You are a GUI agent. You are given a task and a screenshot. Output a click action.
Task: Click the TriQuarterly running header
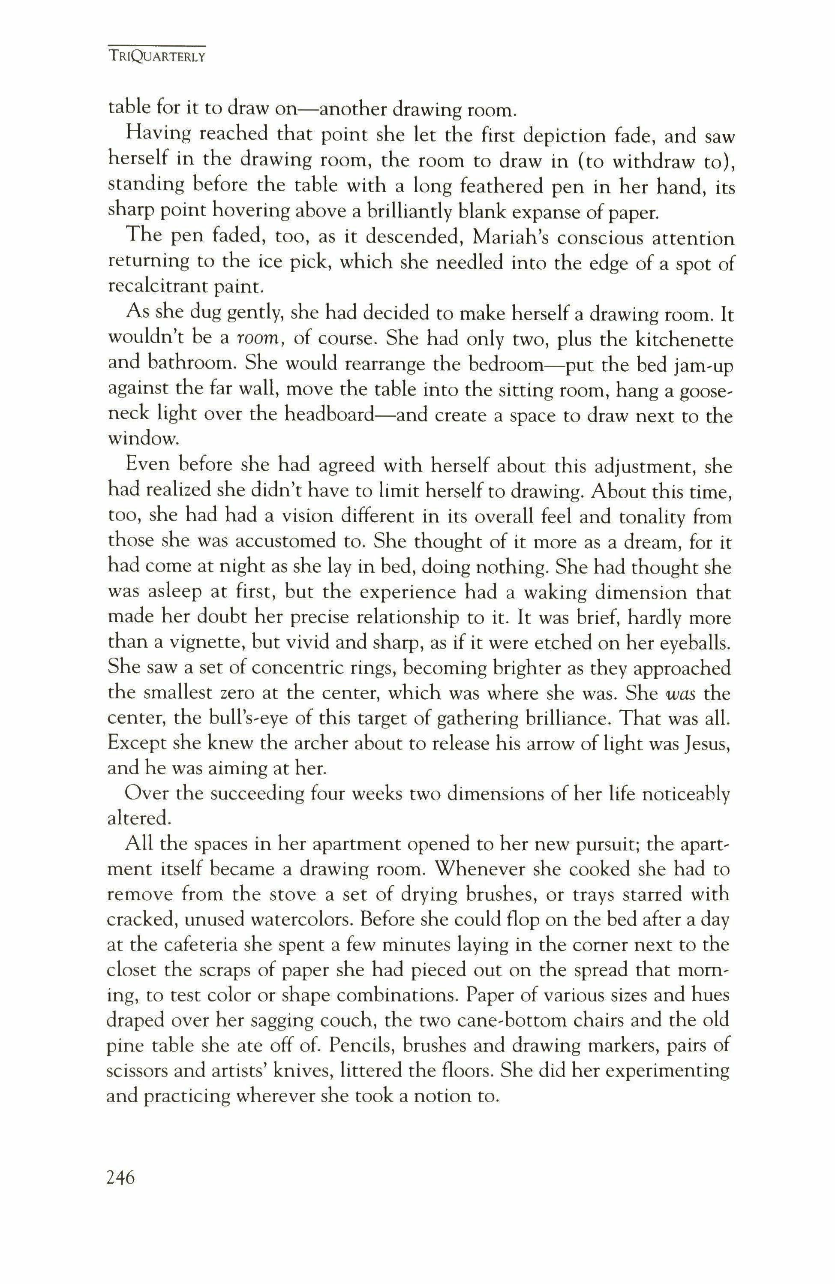[x=157, y=57]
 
